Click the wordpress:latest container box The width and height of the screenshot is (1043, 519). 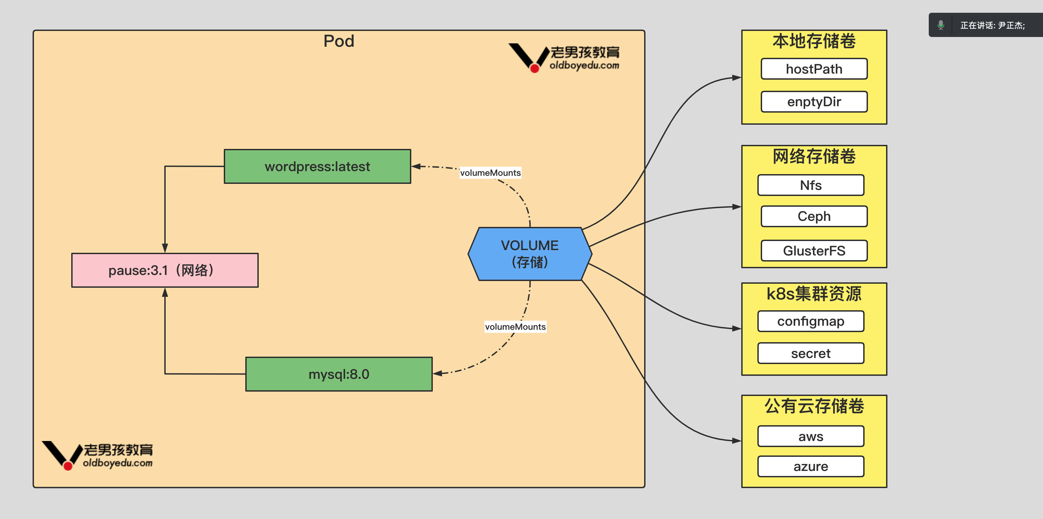pyautogui.click(x=318, y=166)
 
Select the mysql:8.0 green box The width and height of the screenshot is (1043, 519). pyautogui.click(x=339, y=374)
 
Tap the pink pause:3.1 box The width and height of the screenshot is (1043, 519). pyautogui.click(x=165, y=270)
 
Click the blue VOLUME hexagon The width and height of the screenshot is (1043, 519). pyautogui.click(x=530, y=254)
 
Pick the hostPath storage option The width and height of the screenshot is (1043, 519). pyautogui.click(x=814, y=69)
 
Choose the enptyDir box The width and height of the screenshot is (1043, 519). pyautogui.click(x=814, y=102)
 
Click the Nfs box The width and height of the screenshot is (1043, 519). pyautogui.click(x=810, y=185)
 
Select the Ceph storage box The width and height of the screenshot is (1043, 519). pyautogui.click(x=814, y=216)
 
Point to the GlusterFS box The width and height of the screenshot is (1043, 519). pyautogui.click(x=814, y=251)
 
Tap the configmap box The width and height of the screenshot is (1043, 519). pyautogui.click(x=810, y=321)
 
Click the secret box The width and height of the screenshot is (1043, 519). pyautogui.click(x=810, y=353)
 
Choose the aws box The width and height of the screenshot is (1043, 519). pyautogui.click(x=810, y=436)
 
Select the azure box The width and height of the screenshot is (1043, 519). pyautogui.click(x=810, y=466)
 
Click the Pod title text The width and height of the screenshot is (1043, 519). pyautogui.click(x=339, y=41)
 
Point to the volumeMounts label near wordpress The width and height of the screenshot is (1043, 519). pyautogui.click(x=490, y=173)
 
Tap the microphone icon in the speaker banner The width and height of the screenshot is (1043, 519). pyautogui.click(x=941, y=25)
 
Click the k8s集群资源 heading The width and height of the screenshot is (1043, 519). pyautogui.click(x=814, y=294)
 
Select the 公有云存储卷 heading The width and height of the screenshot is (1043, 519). pyautogui.click(x=814, y=406)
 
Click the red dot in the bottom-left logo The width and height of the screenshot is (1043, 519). pyautogui.click(x=68, y=466)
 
